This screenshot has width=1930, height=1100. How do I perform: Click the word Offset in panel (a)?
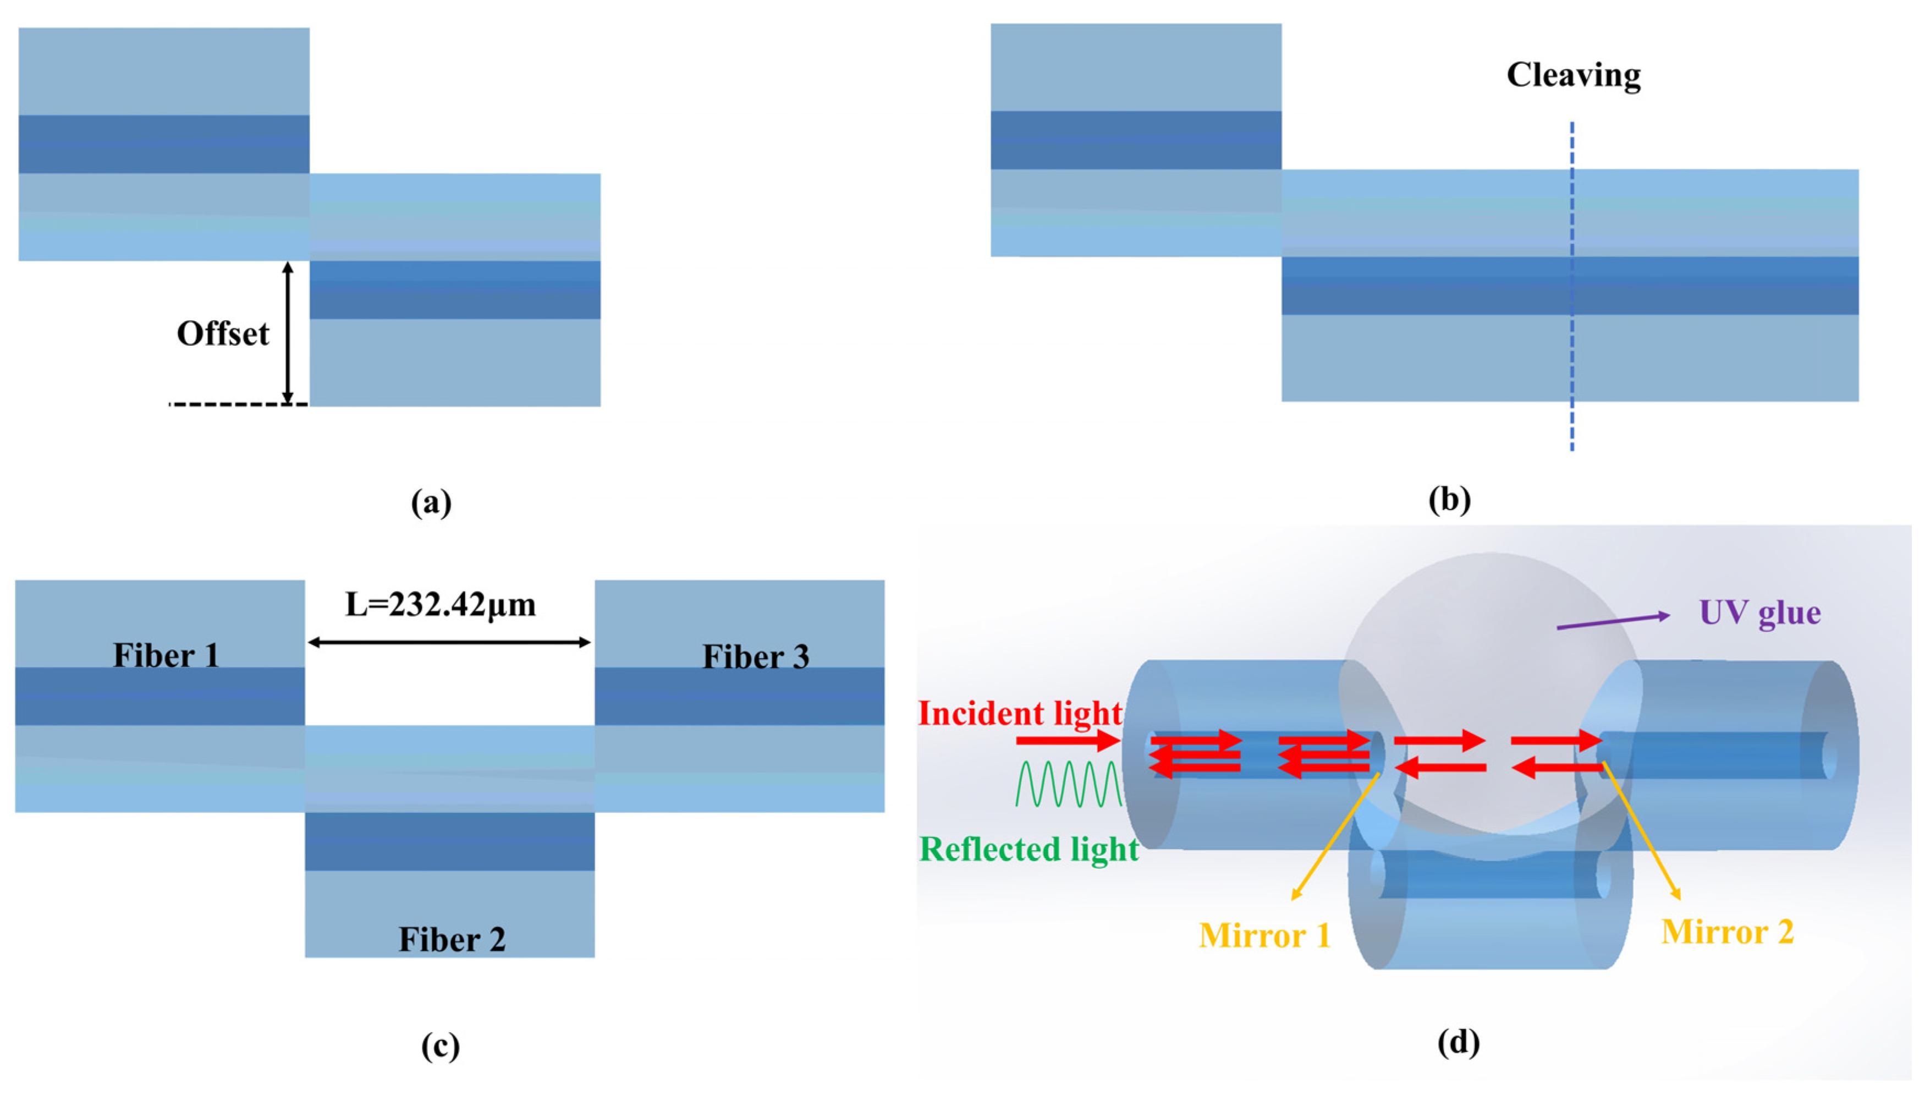223,334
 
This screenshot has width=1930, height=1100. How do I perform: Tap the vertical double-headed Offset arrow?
287,332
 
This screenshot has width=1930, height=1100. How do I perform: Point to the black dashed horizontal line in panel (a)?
238,405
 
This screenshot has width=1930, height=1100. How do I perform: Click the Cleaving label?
1573,75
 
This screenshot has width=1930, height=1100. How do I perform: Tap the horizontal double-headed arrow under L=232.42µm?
449,642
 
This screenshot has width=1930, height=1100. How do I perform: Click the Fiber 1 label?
166,655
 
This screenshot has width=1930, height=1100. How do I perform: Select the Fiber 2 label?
452,939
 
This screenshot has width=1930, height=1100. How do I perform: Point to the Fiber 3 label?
755,656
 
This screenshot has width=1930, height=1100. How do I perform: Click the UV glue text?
1759,612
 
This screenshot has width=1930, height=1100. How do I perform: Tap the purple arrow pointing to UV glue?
1613,621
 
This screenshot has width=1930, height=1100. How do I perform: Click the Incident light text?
1019,713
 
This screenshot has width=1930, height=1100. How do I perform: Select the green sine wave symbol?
1069,784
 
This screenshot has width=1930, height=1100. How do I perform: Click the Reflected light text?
1029,849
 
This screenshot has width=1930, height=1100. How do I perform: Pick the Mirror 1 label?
1264,935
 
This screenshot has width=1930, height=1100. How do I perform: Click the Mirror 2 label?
1727,932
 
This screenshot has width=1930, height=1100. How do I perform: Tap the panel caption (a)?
431,502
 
